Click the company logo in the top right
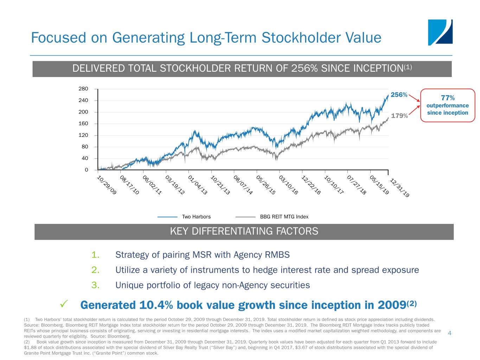(x=440, y=32)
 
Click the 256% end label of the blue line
(x=399, y=95)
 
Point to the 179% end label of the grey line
(x=399, y=116)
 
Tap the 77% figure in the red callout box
(x=448, y=98)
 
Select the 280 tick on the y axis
(x=83, y=89)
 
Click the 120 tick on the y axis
(x=83, y=135)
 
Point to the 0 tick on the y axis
(x=87, y=170)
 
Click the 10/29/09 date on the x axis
(x=106, y=185)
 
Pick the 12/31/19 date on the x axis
(x=399, y=188)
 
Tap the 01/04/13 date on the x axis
(x=198, y=185)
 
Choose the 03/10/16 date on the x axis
(x=288, y=185)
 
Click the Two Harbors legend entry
(x=196, y=217)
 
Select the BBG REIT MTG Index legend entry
(x=284, y=217)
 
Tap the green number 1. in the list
(x=95, y=255)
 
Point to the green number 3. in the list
(x=95, y=285)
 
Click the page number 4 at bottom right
(x=449, y=333)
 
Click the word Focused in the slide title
(x=58, y=38)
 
